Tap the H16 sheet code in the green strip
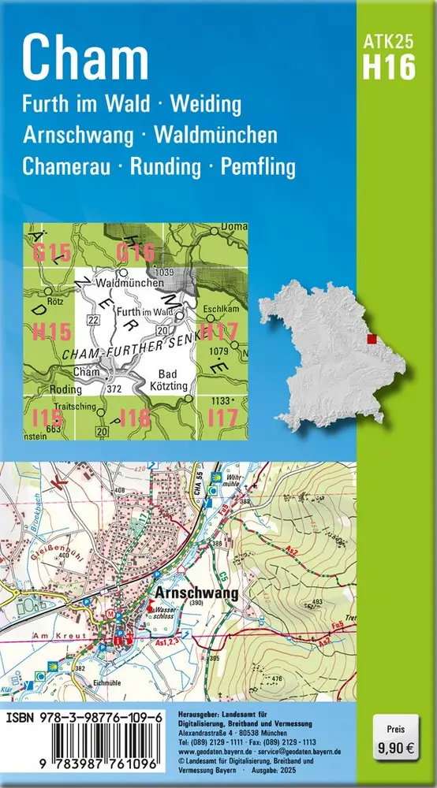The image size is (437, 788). (x=388, y=68)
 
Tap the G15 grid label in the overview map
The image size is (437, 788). (x=52, y=254)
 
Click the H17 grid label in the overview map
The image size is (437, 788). (x=218, y=329)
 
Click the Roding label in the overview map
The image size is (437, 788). (x=60, y=388)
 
